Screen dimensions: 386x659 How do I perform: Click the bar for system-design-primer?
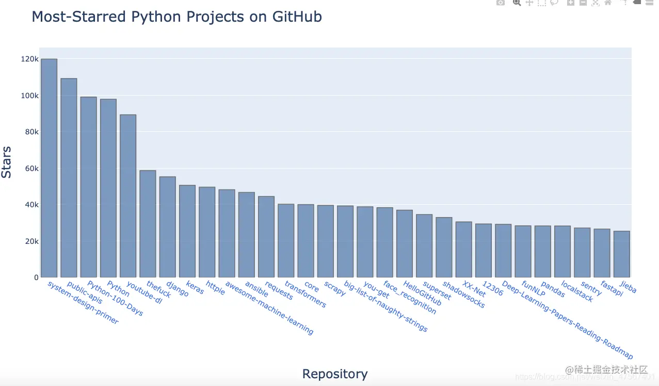pos(49,168)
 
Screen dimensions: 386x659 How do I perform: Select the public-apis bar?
pos(69,178)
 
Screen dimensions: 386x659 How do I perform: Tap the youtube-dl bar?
pos(128,196)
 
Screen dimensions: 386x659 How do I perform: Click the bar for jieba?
pos(621,254)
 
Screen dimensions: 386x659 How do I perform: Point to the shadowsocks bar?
pos(444,247)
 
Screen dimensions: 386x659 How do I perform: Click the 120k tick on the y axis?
pos(29,59)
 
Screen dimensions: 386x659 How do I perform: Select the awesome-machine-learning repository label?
pos(269,308)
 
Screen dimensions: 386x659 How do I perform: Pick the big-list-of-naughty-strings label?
pos(385,306)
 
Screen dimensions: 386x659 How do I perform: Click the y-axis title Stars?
pos(7,162)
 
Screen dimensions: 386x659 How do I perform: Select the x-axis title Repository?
pos(335,374)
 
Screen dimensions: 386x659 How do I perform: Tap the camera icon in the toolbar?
pos(500,3)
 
